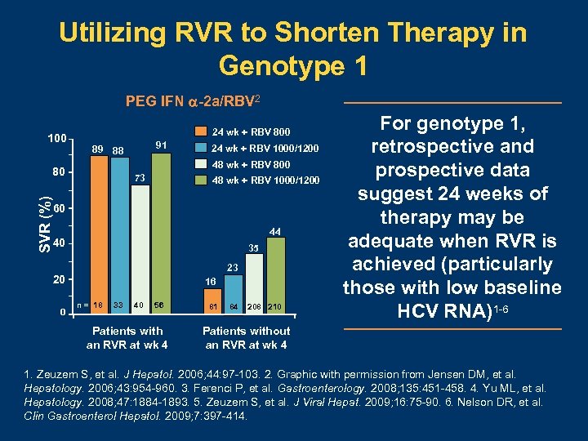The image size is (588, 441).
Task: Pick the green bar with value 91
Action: click(161, 229)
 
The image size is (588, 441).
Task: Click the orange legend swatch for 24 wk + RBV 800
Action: click(198, 131)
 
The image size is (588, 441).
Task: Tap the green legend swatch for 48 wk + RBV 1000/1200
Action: click(198, 180)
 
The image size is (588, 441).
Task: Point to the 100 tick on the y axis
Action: click(57, 138)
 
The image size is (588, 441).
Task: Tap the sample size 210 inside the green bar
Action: click(275, 306)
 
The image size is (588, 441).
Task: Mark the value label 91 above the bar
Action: click(161, 145)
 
